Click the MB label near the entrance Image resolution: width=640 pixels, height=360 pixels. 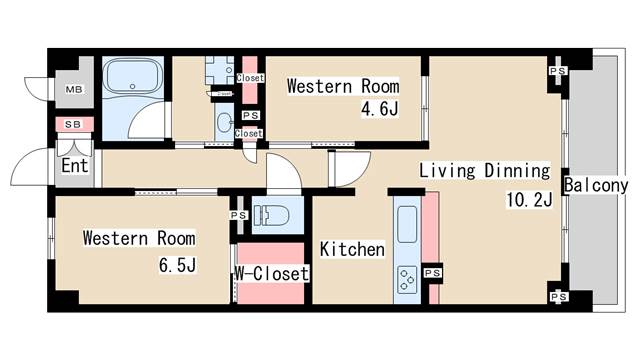pos(74,89)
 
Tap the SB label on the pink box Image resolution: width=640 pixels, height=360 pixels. pos(73,124)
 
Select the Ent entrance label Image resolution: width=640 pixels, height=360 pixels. pos(75,166)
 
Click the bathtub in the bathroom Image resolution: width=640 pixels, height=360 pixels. pos(132,77)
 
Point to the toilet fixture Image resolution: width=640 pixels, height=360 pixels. pos(271,215)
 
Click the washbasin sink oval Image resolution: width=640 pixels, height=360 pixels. pos(224,122)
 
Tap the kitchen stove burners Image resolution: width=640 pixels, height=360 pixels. pos(407,280)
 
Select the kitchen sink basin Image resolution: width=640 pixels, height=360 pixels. pos(407,224)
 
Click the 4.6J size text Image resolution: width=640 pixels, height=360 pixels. pos(380,109)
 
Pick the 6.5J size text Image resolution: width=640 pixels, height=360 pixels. pos(178,265)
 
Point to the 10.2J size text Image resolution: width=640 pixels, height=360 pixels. pos(529,200)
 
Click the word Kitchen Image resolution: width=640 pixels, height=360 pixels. pos(352,249)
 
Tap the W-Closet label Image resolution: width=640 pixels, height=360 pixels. pos(272,273)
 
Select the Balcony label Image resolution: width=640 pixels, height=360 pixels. pos(596,185)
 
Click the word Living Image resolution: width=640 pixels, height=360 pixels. pos(447,171)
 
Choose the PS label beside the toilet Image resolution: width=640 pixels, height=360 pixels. pos(238,215)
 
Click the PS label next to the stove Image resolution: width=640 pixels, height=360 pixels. pos(433,273)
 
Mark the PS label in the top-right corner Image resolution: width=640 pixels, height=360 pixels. pos(558,71)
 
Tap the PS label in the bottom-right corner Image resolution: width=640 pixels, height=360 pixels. pos(558,297)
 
